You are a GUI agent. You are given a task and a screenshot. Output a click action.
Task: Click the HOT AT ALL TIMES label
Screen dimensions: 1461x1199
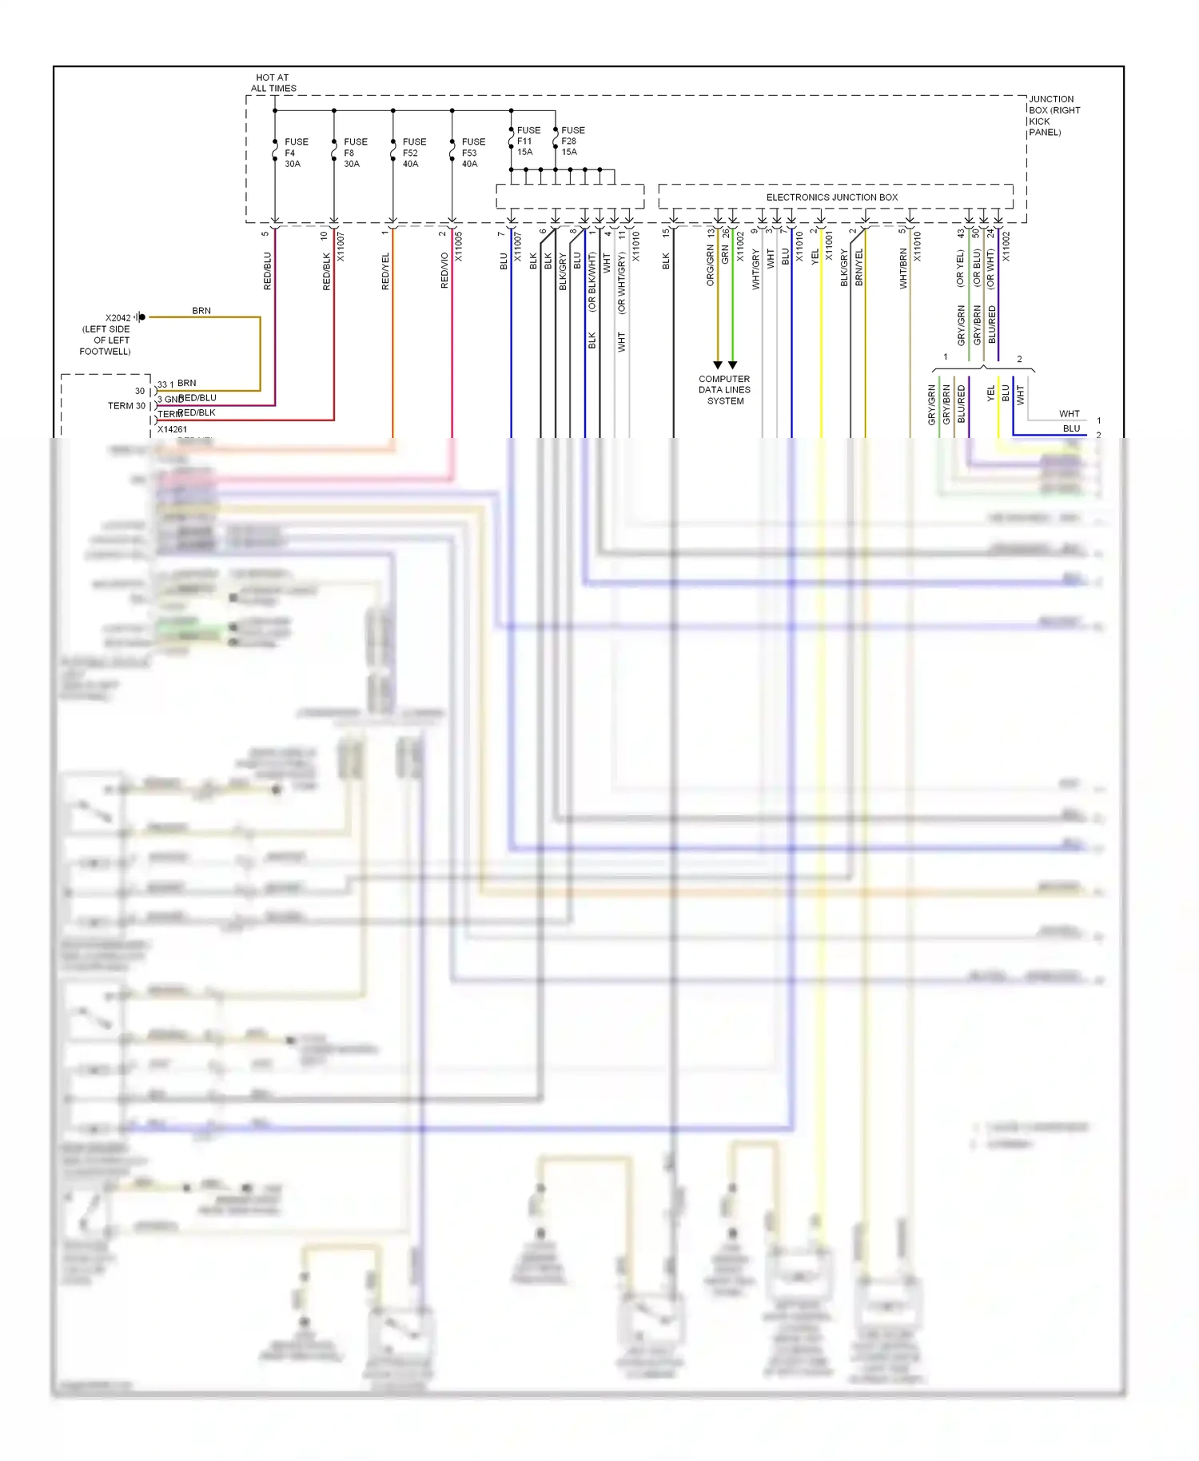273,83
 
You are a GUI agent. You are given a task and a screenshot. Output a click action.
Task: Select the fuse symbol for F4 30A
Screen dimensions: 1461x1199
275,150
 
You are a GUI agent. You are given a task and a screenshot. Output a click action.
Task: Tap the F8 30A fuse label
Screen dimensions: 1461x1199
355,153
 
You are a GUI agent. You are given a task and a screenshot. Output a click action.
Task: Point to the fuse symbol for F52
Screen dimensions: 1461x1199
392,150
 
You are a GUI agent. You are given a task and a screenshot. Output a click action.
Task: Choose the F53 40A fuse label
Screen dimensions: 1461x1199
472,153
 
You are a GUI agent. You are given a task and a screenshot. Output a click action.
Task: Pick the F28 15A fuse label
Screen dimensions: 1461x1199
572,141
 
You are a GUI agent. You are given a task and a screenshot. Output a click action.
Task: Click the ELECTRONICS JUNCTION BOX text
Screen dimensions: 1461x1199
831,197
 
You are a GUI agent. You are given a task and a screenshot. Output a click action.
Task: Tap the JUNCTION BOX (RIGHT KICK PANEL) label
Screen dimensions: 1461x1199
1054,116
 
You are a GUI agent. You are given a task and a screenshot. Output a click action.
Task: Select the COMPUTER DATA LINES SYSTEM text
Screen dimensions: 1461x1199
724,390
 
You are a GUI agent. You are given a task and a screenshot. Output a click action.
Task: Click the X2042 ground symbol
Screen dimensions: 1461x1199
141,317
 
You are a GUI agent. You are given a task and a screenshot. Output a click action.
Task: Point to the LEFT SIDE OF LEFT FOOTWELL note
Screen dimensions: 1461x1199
106,340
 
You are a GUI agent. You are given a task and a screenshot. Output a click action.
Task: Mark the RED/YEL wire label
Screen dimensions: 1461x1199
385,271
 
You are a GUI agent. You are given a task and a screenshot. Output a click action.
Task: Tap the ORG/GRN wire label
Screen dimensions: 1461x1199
710,265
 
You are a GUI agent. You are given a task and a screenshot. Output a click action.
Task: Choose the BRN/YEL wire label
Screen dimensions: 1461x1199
858,267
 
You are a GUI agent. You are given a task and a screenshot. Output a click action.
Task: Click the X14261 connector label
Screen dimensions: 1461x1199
172,429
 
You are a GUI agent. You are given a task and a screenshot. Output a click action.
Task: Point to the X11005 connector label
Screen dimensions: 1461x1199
459,247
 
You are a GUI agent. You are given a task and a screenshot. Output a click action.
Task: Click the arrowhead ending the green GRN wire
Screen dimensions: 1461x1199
732,364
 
